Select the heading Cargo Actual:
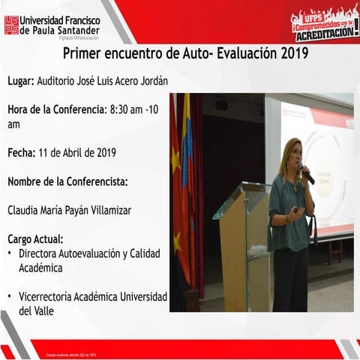pos(35,239)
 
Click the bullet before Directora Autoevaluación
pos(10,253)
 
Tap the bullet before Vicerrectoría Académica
pos(10,297)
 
